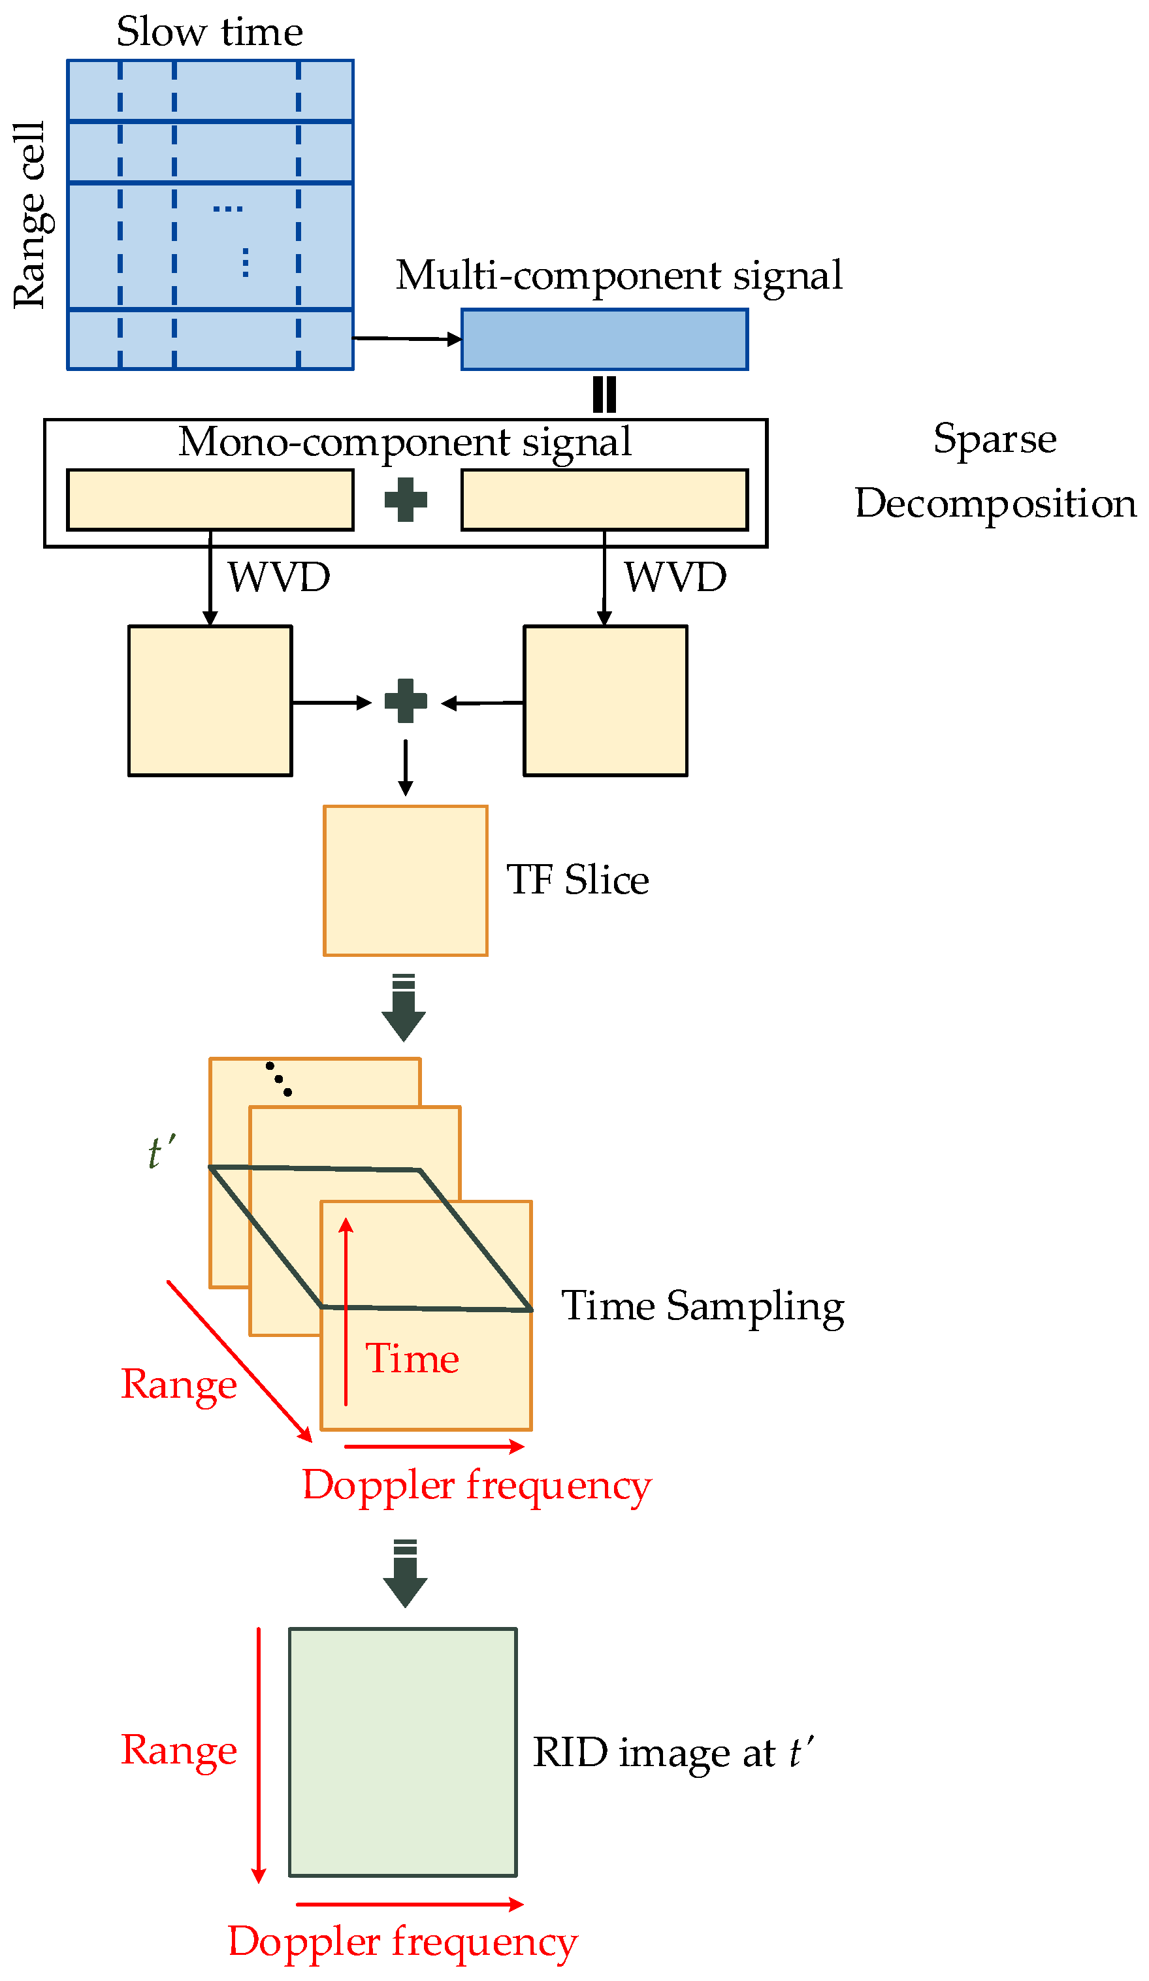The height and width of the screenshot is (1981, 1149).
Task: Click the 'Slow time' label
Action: coord(209,32)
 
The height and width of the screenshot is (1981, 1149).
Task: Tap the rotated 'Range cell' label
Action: coord(31,215)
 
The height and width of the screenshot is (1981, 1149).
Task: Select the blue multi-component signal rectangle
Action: coord(604,339)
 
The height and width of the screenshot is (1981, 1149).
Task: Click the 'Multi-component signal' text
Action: coord(618,275)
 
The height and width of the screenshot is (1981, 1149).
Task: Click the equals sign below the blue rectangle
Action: coord(604,395)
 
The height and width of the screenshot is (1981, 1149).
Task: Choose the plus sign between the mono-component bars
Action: coord(406,500)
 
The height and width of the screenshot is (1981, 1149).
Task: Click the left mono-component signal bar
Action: coord(210,500)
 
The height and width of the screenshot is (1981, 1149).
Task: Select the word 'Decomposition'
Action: coord(995,503)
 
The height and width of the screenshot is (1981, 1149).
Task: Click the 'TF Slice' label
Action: coord(577,880)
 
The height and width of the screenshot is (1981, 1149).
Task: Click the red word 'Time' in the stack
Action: coord(412,1359)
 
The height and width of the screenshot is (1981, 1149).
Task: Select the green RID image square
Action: coord(402,1752)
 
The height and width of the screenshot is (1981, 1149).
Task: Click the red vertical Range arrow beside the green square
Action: coord(259,1753)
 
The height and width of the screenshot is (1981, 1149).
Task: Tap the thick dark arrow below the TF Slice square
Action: coord(404,1008)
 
